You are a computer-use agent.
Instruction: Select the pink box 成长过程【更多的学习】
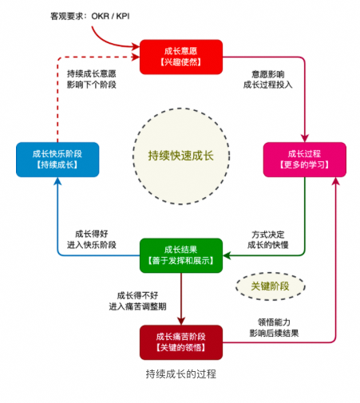(x=304, y=159)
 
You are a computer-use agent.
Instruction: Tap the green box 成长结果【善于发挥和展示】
(x=180, y=255)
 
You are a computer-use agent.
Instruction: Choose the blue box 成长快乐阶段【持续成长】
(x=57, y=159)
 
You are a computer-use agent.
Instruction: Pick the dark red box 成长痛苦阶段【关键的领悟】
(x=180, y=342)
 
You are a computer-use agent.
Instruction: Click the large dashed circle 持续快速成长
(x=181, y=153)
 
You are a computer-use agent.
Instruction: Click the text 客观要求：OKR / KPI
(x=113, y=14)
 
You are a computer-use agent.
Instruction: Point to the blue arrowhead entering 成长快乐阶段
(x=57, y=182)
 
